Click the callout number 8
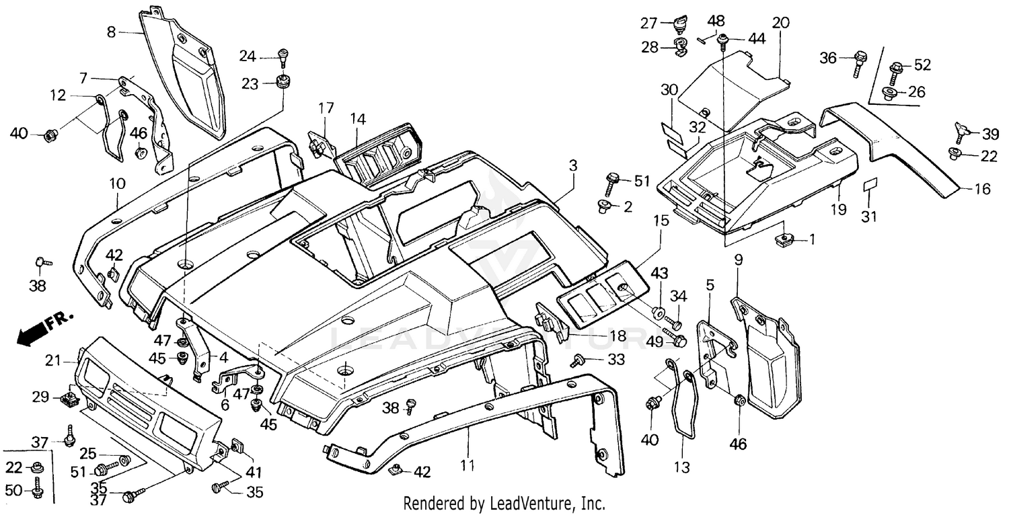pos(112,31)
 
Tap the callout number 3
pos(572,165)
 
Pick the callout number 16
pos(982,190)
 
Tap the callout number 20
pos(780,23)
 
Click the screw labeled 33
pos(576,362)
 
